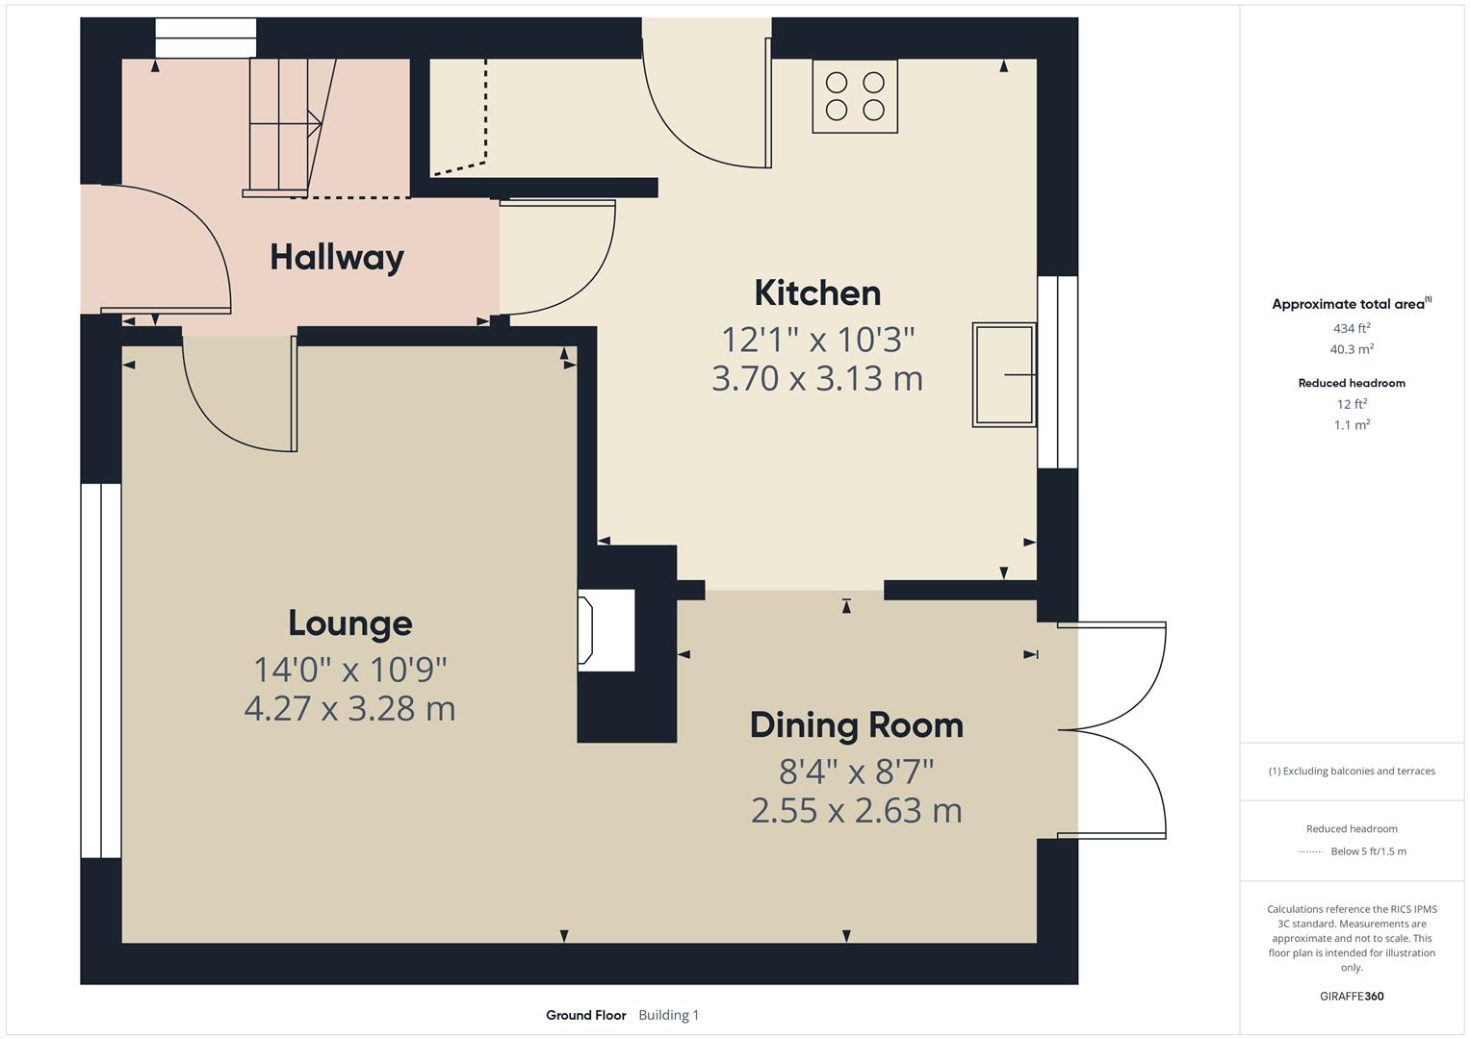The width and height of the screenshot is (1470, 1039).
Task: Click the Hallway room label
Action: tap(336, 257)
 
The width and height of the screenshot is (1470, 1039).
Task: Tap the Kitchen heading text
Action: tap(817, 292)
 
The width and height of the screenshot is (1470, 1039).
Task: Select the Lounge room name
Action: tap(349, 623)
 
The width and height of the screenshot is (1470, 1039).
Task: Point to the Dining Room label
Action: tap(856, 724)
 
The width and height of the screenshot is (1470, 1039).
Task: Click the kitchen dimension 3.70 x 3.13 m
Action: tap(817, 378)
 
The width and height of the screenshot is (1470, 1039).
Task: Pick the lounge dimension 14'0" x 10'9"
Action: tap(349, 668)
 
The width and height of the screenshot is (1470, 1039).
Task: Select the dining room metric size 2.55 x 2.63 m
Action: tap(856, 810)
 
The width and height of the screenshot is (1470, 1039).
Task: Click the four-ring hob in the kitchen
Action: tap(855, 96)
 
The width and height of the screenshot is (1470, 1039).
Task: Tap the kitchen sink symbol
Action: tap(1004, 374)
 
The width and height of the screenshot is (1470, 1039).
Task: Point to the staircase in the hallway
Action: tap(284, 125)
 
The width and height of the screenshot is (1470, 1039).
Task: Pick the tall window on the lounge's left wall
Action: tap(100, 670)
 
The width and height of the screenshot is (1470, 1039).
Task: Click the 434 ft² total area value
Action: tap(1352, 328)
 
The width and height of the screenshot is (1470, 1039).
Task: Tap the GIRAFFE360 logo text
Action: tap(1352, 996)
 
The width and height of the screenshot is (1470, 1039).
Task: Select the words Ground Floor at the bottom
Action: tap(585, 1015)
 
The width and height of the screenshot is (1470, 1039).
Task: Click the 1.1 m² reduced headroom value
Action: tap(1352, 424)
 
